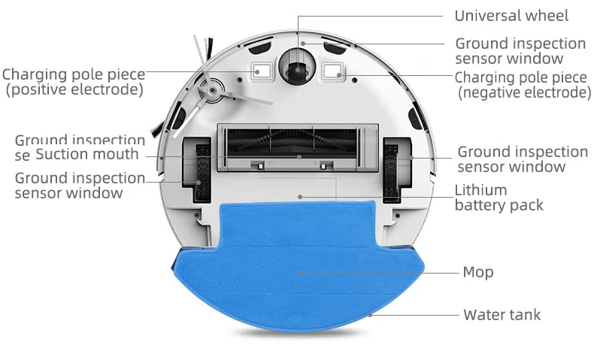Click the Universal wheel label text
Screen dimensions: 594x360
point(511,15)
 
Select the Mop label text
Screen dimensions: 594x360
point(478,272)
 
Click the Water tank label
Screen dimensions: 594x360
point(502,314)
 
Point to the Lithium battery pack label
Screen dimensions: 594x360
point(499,197)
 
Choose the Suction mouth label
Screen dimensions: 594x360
point(87,154)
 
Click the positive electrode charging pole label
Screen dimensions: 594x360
point(73,82)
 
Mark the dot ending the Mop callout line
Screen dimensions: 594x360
point(301,273)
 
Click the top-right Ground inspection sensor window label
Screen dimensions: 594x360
point(520,50)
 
